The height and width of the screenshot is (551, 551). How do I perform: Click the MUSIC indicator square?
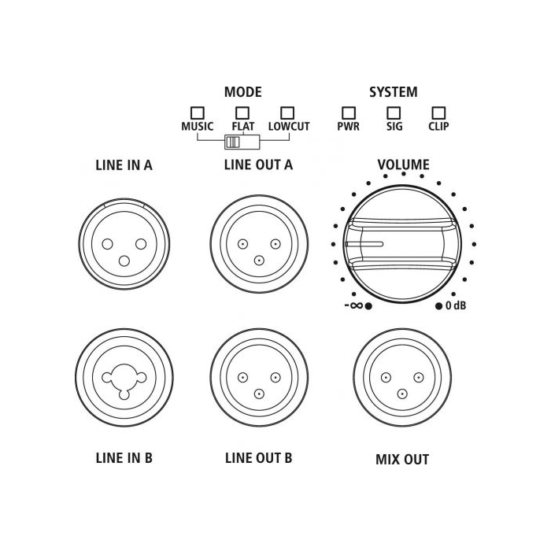click(x=197, y=113)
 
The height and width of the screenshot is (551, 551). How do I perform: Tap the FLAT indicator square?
click(x=242, y=113)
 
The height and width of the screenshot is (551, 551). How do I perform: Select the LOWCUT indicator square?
click(x=287, y=113)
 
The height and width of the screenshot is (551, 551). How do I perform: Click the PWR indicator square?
click(x=348, y=113)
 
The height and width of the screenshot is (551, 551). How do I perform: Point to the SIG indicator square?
click(x=394, y=113)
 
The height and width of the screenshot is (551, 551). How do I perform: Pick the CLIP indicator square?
click(x=438, y=113)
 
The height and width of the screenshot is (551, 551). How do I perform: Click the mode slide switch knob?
click(x=233, y=142)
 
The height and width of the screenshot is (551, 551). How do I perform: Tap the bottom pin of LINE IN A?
click(x=124, y=261)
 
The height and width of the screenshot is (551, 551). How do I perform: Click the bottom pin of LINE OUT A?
click(x=259, y=261)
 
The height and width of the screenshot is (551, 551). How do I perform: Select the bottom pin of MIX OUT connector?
click(x=402, y=394)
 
